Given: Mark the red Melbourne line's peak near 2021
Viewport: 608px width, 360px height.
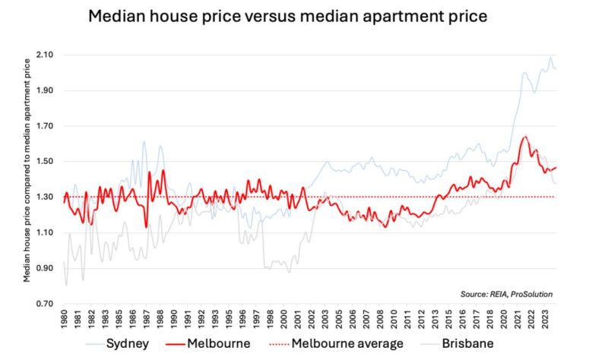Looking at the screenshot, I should click(524, 137).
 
